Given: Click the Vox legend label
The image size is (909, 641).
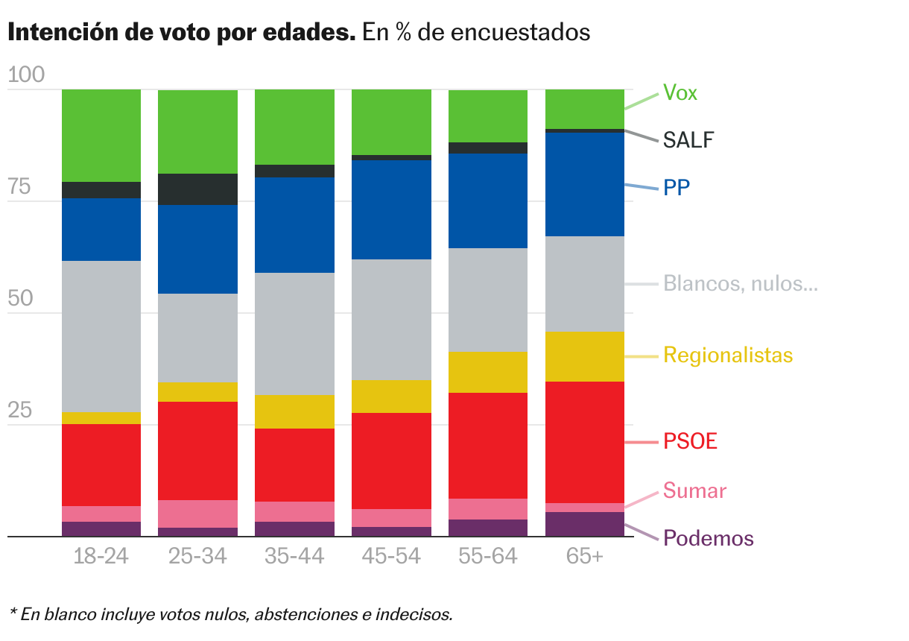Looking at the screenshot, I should coord(680,93).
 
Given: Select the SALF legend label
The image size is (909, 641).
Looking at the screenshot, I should coord(688,139).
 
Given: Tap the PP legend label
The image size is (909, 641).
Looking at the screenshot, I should coord(677,187).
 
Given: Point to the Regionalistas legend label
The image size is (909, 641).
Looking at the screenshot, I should coord(728,355).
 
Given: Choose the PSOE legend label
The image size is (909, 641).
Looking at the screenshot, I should coord(690,441).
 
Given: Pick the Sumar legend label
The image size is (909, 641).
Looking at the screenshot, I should coord(694,491).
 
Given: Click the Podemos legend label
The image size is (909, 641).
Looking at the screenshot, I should coord(708,538).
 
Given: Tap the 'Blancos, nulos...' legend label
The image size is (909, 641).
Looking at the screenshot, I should coord(740,284).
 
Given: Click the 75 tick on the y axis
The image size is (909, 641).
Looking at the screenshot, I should coord(19,187).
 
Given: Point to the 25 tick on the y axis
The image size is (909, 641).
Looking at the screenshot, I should coord(19,411).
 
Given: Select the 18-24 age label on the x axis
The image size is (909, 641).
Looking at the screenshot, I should coord(101,557).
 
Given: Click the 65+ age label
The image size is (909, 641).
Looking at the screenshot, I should coord(585,557).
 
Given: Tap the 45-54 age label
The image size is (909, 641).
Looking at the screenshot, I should coord(392,557).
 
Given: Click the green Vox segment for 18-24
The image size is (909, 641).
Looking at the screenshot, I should coord(101,135).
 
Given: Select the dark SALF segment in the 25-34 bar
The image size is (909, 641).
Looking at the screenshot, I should coord(198,189).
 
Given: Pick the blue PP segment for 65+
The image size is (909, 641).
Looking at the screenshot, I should coord(585,184).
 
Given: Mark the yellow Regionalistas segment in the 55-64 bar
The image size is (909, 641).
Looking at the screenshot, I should coord(488,372).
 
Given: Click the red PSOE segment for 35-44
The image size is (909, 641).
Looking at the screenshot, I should coord(295,465).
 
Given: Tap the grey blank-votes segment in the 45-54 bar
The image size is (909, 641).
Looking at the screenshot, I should coord(392,320).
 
